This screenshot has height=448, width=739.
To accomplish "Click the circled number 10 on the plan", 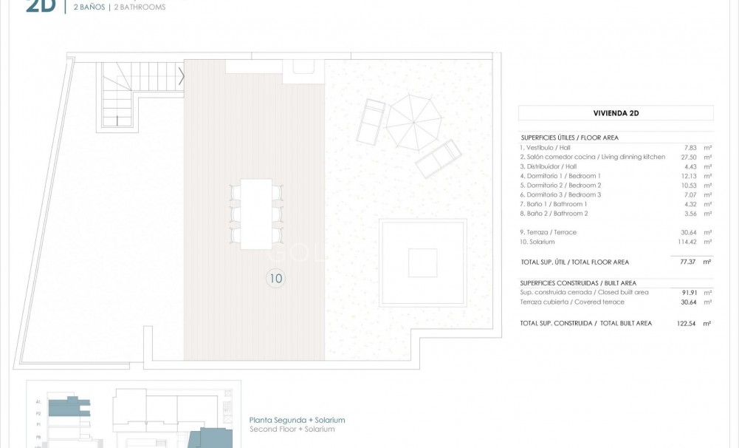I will click(276, 279).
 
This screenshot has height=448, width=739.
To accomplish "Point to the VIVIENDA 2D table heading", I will click(616, 113).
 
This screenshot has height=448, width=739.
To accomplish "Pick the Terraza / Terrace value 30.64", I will click(689, 232).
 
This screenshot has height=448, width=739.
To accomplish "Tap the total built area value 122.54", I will click(687, 323).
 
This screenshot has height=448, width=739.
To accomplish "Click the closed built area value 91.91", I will click(689, 292).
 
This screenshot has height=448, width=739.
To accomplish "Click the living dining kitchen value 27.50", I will click(689, 157).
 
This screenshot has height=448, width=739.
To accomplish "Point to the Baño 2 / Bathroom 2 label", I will click(554, 214).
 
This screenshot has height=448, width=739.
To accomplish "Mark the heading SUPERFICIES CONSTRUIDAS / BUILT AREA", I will click(578, 283).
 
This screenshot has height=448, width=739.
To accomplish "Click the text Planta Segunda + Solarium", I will click(297, 420).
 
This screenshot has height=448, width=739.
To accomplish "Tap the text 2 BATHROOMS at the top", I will click(140, 7).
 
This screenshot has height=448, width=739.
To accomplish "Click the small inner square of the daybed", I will click(422, 262).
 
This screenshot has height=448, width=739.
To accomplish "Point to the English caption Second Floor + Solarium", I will click(292, 430).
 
